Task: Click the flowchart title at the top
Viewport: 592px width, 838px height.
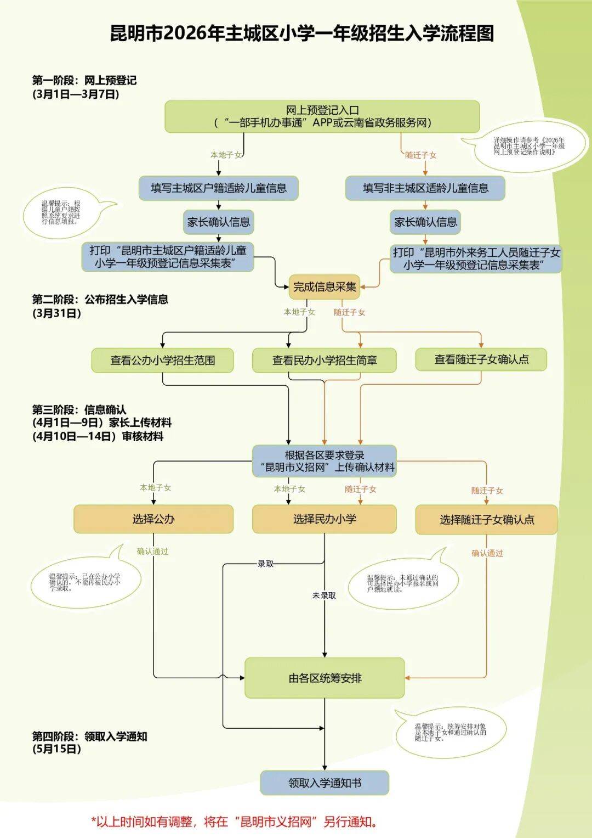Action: coord(302,33)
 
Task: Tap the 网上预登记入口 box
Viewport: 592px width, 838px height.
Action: coord(322,116)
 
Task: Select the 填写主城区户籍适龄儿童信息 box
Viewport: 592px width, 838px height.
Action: coord(218,188)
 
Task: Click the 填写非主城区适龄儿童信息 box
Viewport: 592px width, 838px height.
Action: coord(425,188)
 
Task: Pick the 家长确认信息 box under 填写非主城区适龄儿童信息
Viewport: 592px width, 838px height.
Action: coord(425,222)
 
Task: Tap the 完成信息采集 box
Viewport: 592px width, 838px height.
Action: coord(325,286)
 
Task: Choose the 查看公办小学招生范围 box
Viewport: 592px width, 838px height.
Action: coord(162,361)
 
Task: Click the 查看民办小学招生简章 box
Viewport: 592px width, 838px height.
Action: coord(324,361)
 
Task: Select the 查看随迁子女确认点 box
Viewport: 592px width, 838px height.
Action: coord(481,359)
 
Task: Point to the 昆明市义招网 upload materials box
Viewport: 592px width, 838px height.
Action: coord(324,461)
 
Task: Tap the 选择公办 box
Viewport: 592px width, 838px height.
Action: coord(153,519)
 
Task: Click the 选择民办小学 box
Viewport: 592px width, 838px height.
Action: coord(324,519)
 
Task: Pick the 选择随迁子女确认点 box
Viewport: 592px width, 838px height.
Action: coord(486,520)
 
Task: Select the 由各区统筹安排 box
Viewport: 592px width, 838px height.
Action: coord(325,678)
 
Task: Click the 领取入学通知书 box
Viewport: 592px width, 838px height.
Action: coord(325,783)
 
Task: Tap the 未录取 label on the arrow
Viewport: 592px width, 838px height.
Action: coord(324,595)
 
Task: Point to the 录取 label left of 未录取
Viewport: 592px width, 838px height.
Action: coord(266,564)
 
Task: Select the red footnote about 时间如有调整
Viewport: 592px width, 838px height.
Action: coord(234,822)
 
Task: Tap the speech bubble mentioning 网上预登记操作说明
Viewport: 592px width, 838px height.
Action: coord(528,147)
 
